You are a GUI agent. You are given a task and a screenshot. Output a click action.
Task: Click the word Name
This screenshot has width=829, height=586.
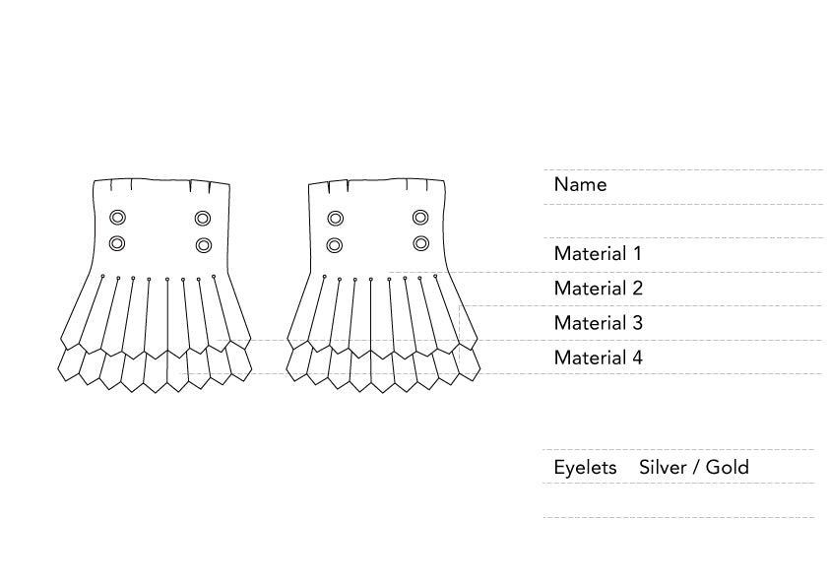580,184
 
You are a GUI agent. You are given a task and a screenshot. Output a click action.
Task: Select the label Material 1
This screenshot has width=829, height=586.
598,253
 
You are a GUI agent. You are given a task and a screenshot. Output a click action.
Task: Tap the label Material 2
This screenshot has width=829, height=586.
598,289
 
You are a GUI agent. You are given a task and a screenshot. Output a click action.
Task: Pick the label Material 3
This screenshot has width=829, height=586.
598,323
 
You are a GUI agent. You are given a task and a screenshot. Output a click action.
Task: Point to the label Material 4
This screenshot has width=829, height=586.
598,358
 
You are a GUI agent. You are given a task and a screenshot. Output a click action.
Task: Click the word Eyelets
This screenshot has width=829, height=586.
585,467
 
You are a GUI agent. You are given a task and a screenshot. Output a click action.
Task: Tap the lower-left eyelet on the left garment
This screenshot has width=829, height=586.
117,243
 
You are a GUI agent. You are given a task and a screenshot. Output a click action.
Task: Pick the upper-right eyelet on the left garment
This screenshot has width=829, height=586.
203,219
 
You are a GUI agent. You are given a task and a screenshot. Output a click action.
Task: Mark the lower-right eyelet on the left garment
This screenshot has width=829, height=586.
204,244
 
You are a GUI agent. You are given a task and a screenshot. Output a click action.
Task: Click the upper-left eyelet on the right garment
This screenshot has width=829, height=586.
336,218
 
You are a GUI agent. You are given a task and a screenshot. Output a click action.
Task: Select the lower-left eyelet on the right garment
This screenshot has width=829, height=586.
335,243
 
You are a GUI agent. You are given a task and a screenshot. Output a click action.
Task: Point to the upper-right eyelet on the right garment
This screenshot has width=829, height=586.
420,217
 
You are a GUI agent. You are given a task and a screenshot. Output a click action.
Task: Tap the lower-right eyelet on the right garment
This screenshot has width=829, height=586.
421,242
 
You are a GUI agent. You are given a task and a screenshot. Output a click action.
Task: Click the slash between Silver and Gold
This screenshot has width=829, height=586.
695,467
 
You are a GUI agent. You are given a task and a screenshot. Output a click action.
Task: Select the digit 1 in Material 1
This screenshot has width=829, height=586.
637,253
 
